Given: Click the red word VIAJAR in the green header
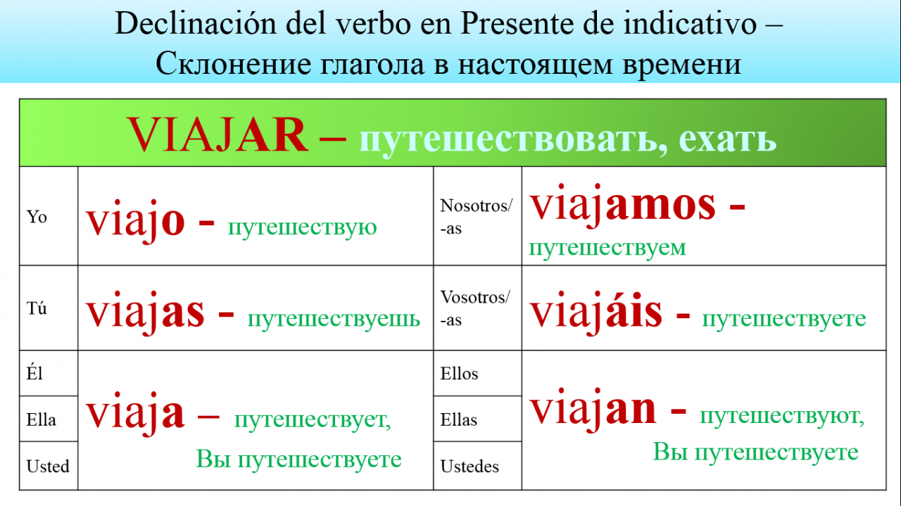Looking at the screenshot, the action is tap(218, 134).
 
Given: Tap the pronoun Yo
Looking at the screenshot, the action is tap(37, 217).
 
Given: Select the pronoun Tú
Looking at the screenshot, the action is tap(37, 308).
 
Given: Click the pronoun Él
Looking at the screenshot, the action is tap(34, 373).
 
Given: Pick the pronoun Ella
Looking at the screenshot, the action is tap(41, 419).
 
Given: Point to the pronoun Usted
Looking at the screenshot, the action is tap(48, 466).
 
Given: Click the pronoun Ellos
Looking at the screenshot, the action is tap(459, 374).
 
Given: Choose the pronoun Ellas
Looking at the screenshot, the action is tap(458, 419).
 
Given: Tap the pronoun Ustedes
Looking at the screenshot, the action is tap(470, 467).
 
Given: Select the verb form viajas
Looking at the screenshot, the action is tap(145, 312).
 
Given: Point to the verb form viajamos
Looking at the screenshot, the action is tap(622, 204).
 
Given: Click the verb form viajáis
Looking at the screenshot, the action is tap(596, 312).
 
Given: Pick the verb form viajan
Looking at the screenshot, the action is tap(593, 409).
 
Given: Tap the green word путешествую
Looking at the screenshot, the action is tap(303, 227).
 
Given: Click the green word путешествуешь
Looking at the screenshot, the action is tap(334, 319).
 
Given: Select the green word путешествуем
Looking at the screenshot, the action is tap(607, 248).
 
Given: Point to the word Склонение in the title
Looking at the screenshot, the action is tap(233, 64).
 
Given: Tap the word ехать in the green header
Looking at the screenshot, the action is tap(728, 139).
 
